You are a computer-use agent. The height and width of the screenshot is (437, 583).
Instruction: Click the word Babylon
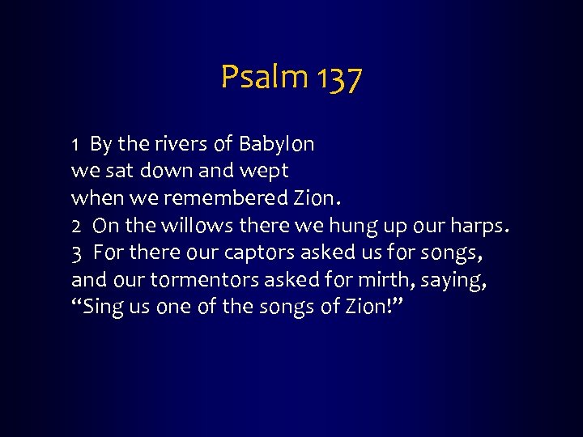coord(276,145)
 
